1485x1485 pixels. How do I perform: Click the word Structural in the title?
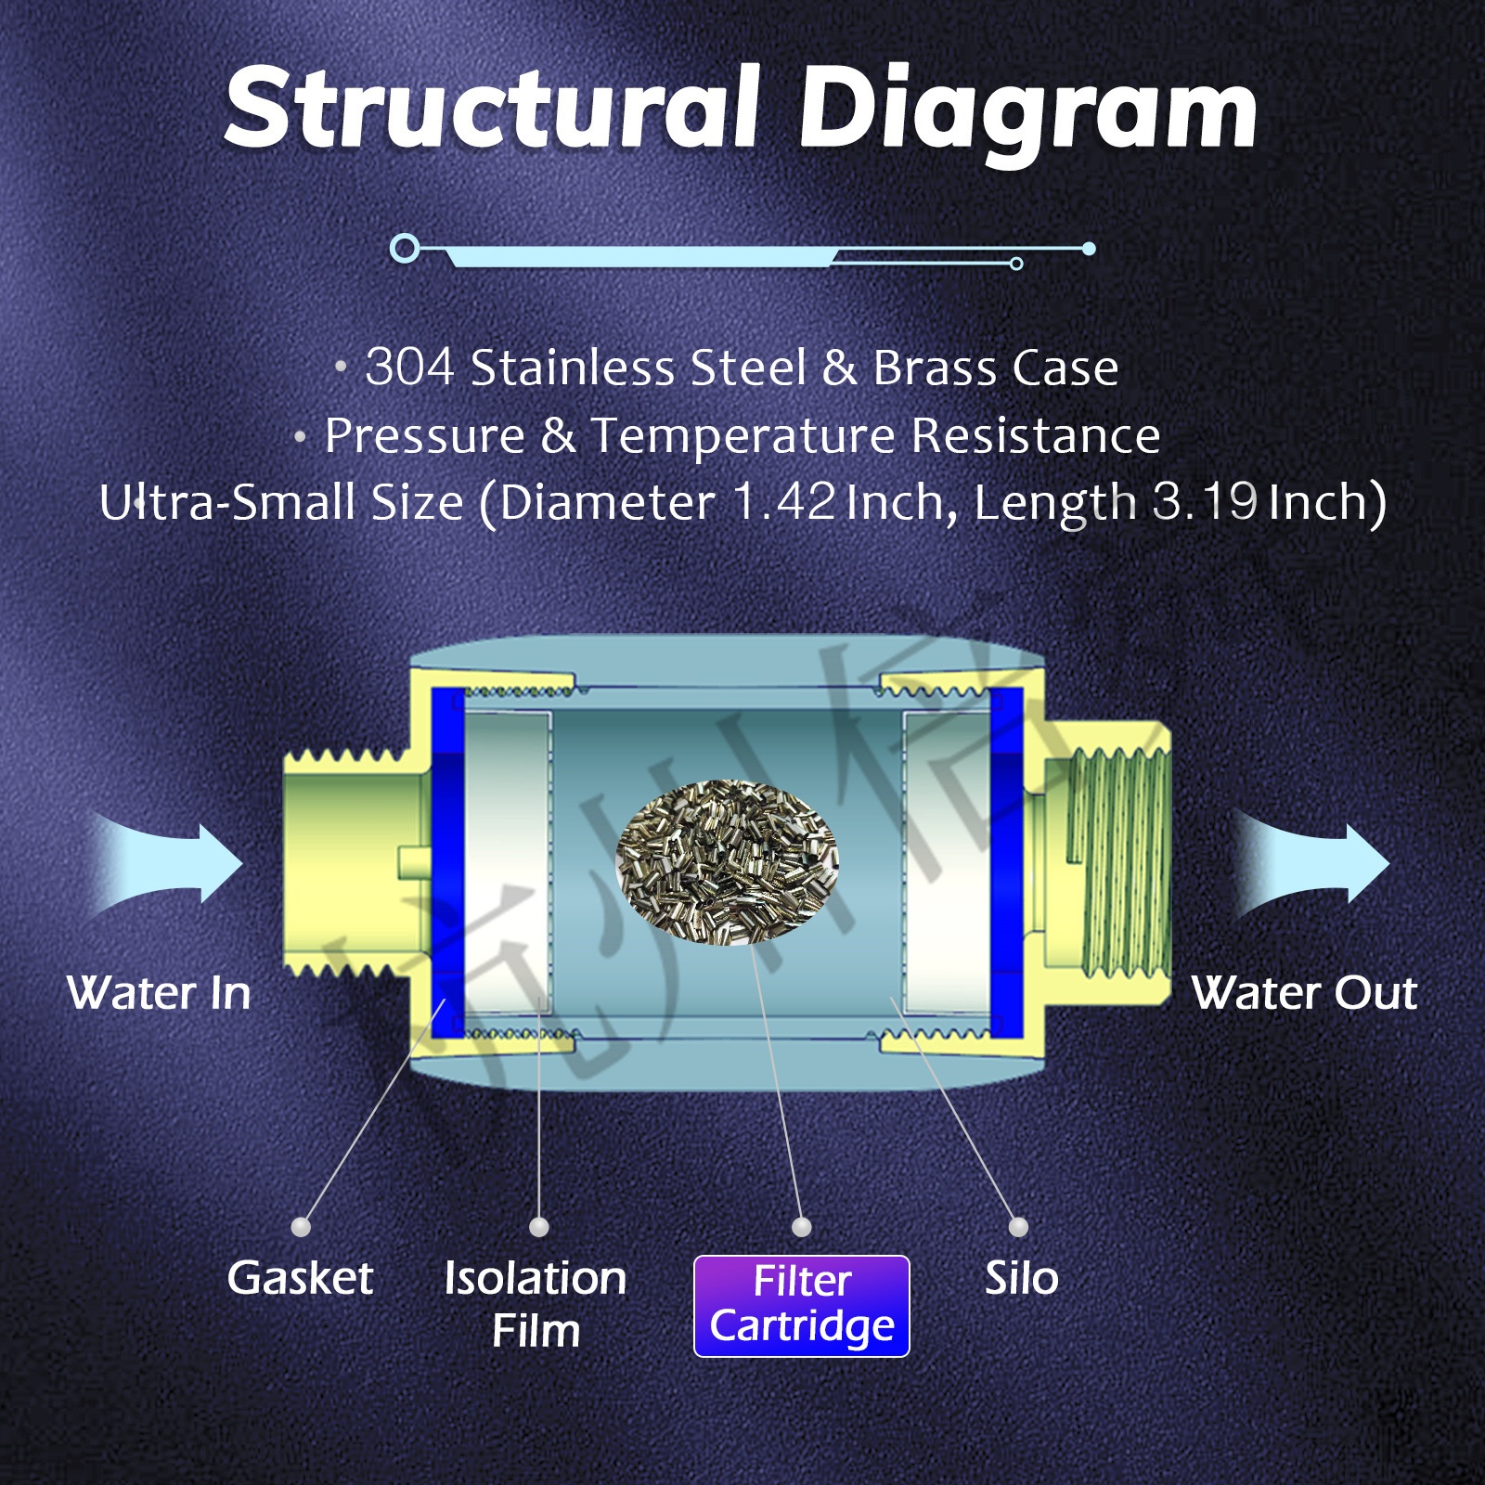pyautogui.click(x=492, y=110)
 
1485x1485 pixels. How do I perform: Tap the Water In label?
pyautogui.click(x=159, y=993)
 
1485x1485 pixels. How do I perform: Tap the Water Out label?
pyautogui.click(x=1304, y=993)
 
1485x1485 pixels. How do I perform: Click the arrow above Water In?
pyautogui.click(x=172, y=863)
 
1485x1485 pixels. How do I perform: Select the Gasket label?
pyautogui.click(x=300, y=1278)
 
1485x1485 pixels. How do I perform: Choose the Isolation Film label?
pyautogui.click(x=536, y=1303)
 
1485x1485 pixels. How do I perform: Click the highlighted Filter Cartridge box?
pyautogui.click(x=802, y=1306)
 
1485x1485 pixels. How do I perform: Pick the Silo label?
pyautogui.click(x=1021, y=1278)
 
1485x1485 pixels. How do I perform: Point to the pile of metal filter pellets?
pyautogui.click(x=728, y=861)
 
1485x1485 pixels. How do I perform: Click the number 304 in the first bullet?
pyautogui.click(x=409, y=367)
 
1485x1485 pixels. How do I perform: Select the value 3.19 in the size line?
pyautogui.click(x=1205, y=502)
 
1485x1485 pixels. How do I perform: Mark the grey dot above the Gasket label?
pyautogui.click(x=301, y=1227)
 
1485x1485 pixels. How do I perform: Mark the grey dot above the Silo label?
pyautogui.click(x=1018, y=1227)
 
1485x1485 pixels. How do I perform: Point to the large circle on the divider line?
pyautogui.click(x=405, y=248)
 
